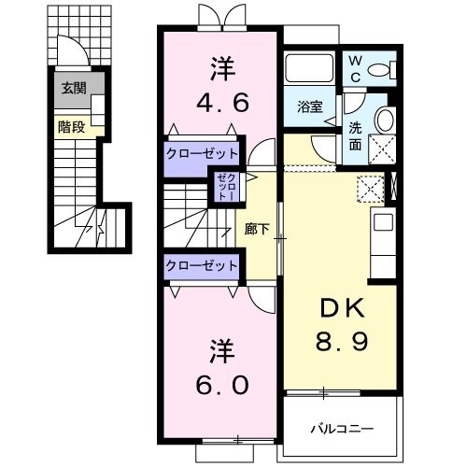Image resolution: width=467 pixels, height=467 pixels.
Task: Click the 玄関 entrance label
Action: click(74, 89)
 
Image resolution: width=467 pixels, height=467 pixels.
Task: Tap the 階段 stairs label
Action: click(72, 127)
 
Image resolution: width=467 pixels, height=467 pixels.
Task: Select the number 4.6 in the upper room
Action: click(222, 103)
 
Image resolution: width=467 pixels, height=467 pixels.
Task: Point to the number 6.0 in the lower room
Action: click(222, 385)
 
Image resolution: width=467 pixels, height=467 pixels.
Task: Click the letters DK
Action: click(343, 308)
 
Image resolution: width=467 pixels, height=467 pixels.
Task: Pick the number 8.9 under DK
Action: click(342, 341)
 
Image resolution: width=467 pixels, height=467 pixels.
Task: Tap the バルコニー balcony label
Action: click(342, 430)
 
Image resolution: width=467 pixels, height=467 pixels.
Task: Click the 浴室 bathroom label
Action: click(310, 106)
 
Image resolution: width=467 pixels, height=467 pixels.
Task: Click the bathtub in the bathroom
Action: click(309, 68)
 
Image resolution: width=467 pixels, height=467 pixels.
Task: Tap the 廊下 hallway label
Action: click(257, 230)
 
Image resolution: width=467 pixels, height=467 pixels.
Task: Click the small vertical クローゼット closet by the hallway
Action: click(228, 187)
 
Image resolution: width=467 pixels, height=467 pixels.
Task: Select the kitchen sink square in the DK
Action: click(383, 222)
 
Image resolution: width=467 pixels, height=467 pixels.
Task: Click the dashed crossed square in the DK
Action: click(371, 189)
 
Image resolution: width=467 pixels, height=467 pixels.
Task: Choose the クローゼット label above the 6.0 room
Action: click(202, 266)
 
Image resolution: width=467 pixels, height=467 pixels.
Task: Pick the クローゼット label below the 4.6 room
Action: click(202, 153)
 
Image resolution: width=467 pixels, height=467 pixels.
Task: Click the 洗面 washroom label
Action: click(355, 136)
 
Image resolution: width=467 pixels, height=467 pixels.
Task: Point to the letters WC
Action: click(355, 69)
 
